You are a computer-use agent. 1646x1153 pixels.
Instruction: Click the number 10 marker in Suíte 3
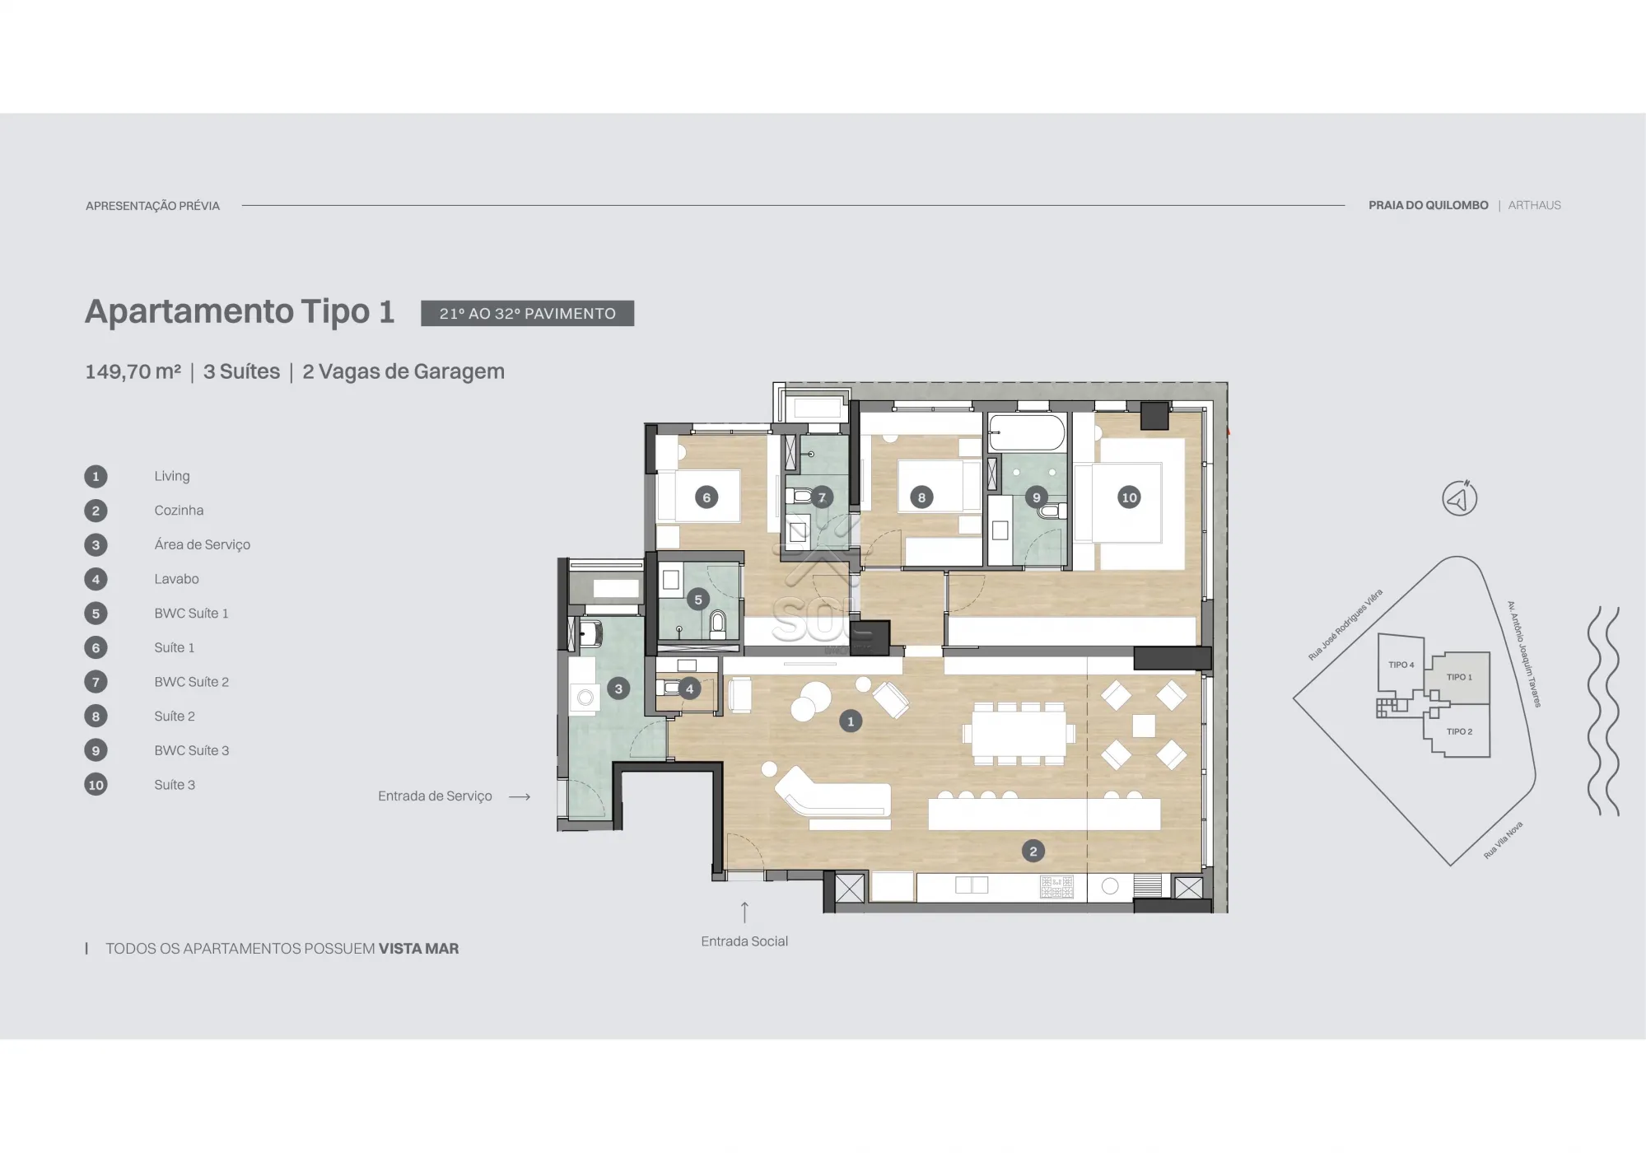pos(1129,497)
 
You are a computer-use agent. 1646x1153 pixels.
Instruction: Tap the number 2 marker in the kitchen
pos(1033,852)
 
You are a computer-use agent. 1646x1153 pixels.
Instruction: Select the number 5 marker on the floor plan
pos(698,600)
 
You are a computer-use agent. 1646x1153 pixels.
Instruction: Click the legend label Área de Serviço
pos(203,544)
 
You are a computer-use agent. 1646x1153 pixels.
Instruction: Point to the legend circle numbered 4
pos(96,579)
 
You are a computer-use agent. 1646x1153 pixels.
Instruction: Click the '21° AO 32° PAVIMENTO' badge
pos(528,313)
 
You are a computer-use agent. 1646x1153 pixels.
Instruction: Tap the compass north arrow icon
pos(1459,498)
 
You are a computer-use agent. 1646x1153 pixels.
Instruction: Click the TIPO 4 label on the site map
pos(1401,665)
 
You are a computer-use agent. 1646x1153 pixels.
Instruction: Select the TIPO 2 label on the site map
pos(1459,731)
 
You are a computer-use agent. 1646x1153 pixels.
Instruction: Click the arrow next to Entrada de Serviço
pos(520,796)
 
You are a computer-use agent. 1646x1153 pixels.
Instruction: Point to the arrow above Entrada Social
pos(744,912)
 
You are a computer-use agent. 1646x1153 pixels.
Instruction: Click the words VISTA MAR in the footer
pos(418,949)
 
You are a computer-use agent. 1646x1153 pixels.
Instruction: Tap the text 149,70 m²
pos(133,371)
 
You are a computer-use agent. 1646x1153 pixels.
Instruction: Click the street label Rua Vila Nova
pos(1503,840)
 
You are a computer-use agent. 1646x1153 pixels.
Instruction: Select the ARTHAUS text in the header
pos(1534,205)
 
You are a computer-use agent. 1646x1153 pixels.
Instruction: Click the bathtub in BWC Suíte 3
pos(1027,432)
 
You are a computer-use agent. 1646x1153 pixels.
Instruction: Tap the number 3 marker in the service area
pos(618,689)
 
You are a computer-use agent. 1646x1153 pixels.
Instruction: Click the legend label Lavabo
pos(176,579)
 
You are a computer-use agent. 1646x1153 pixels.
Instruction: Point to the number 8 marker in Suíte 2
pos(921,497)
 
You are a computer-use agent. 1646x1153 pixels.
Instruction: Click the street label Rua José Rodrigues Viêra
pos(1345,624)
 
